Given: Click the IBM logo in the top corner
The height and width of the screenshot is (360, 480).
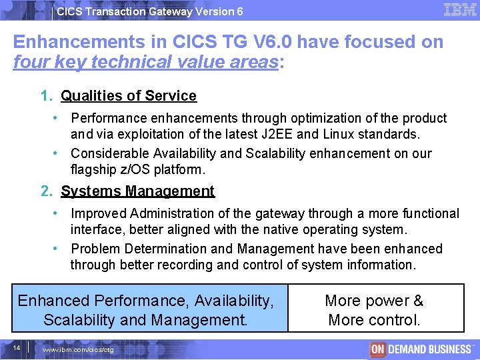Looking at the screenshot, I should (x=459, y=10).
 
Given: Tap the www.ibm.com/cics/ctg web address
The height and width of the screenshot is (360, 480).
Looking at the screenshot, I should (x=78, y=350).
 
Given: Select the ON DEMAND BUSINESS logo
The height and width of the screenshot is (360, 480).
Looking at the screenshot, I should (x=421, y=349).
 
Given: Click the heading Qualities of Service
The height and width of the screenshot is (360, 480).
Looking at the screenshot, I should (x=129, y=96).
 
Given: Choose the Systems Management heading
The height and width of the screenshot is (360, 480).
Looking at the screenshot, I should (x=137, y=191).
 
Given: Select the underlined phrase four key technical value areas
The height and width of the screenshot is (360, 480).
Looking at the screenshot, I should (x=145, y=63).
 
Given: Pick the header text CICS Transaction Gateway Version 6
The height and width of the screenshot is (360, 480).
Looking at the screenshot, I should (x=150, y=11).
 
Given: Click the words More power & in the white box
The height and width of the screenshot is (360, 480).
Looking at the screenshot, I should (x=374, y=301).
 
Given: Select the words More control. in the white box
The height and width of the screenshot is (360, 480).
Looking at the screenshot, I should (x=374, y=320).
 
